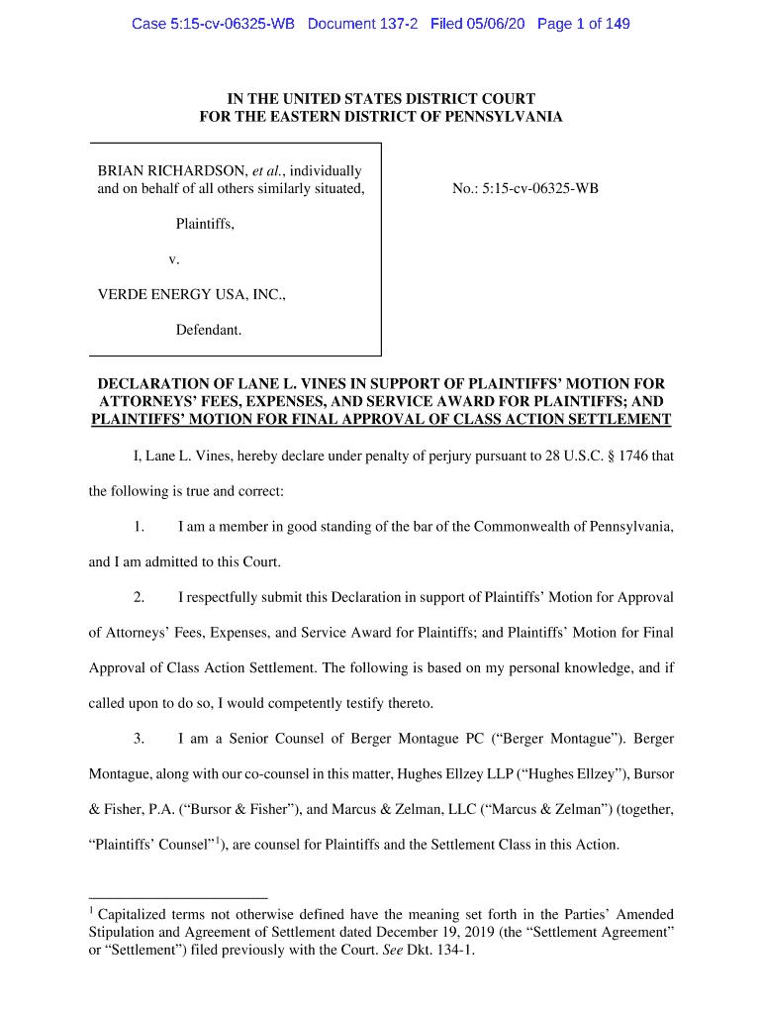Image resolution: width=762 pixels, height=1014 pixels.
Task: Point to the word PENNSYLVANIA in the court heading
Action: coord(499,117)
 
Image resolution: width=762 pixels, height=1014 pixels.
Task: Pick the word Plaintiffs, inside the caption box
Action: coord(205,224)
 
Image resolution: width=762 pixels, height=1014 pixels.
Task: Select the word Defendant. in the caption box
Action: coord(209,330)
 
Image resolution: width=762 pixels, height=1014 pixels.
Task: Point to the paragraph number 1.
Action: coord(140,526)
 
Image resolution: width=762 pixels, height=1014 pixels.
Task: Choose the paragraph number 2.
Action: coord(140,597)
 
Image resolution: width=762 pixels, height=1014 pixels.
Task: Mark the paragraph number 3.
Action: coord(140,739)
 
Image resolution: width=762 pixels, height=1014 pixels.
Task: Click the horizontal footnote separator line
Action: coord(178,898)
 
